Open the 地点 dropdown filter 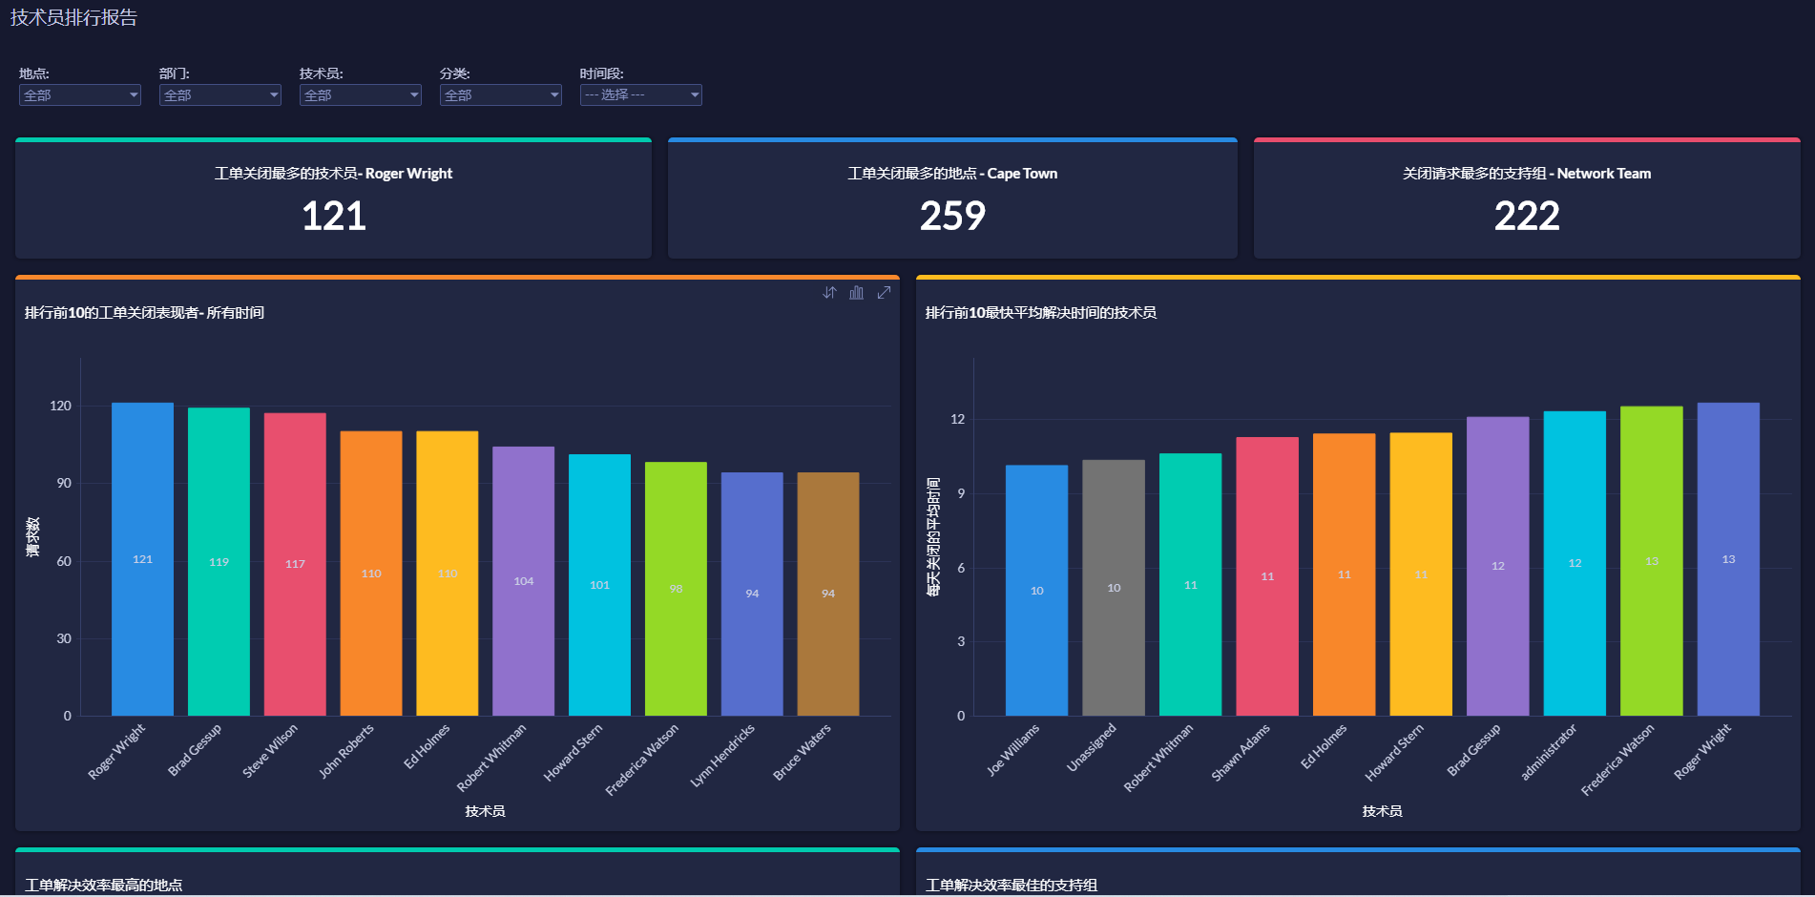pos(80,95)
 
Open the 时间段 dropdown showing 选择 pos(640,95)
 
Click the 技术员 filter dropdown pos(360,95)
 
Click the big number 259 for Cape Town pos(952,216)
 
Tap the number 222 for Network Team pos(1527,216)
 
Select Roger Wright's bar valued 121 pos(142,559)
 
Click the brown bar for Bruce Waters pos(828,594)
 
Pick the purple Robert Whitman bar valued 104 pos(523,581)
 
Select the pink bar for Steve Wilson pos(295,564)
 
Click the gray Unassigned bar pos(1114,588)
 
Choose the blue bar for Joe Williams pos(1036,591)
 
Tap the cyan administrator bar pos(1575,563)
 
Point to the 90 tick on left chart pos(63,484)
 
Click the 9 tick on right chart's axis pos(961,493)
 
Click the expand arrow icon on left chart pos(884,293)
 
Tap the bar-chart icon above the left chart pos(857,293)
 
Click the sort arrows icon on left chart pos(829,293)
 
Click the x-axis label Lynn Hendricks pos(723,755)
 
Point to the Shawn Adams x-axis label pos(1241,752)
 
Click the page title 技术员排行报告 pos(73,17)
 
